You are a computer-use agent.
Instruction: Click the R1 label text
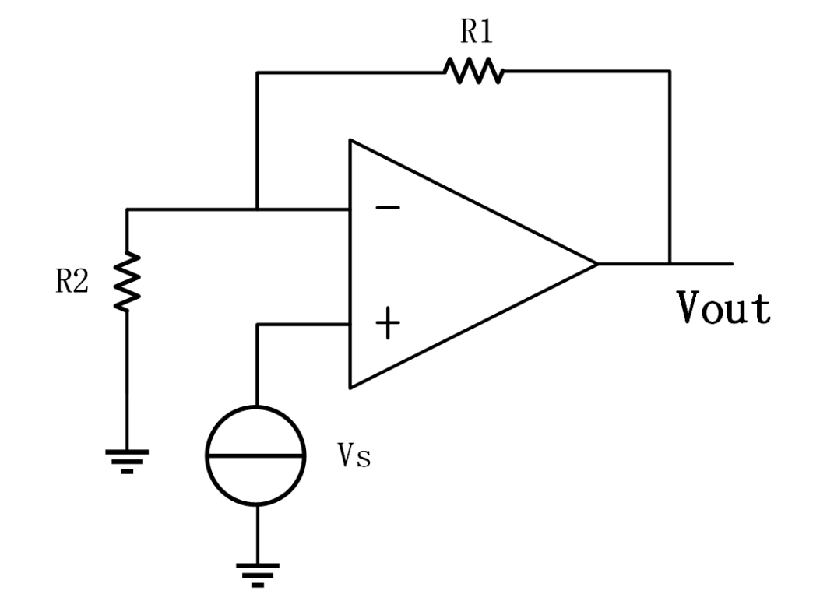[477, 32]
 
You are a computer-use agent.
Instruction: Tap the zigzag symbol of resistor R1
[474, 72]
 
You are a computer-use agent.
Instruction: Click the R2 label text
[72, 283]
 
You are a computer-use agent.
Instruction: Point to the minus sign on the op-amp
[389, 208]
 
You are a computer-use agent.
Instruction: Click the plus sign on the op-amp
[388, 324]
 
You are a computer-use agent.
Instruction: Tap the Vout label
[723, 308]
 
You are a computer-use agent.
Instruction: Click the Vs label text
[354, 457]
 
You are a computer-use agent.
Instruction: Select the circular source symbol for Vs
[256, 456]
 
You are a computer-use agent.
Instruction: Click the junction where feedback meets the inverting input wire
[257, 209]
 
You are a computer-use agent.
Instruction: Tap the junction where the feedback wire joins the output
[669, 263]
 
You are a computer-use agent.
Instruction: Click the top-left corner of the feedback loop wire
[257, 72]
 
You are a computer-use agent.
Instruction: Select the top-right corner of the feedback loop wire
[669, 72]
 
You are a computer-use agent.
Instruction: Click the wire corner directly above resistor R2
[127, 209]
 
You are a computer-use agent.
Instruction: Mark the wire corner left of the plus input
[257, 324]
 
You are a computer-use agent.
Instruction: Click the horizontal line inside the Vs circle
[256, 456]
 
